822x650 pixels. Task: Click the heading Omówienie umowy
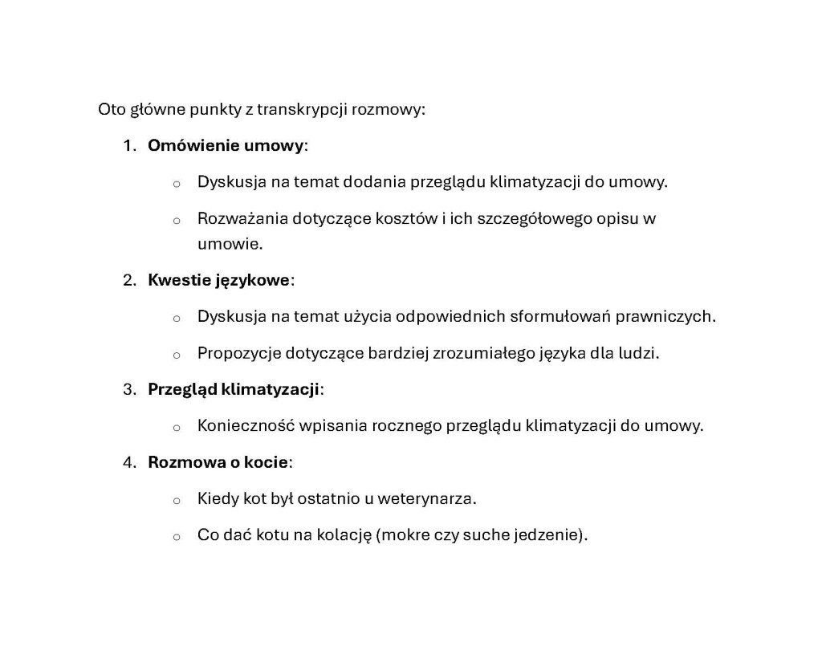226,146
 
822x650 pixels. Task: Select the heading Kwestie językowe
218,280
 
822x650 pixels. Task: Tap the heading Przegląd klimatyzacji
234,389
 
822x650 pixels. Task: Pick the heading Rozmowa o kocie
218,462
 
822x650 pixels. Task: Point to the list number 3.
128,389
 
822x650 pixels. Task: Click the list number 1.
128,146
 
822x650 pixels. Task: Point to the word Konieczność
246,425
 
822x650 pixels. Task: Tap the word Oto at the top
112,109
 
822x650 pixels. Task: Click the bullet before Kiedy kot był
176,500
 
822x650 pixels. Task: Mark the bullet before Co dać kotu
176,537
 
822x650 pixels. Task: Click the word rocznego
405,425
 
